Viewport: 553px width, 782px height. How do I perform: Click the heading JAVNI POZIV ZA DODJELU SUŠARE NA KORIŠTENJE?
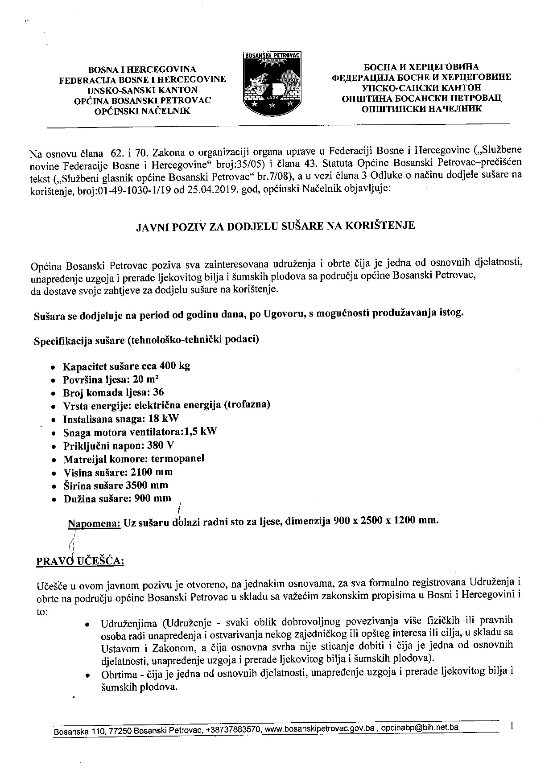(275, 226)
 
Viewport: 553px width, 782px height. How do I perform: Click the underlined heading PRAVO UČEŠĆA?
(80, 560)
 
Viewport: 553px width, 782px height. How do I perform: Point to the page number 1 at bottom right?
(512, 726)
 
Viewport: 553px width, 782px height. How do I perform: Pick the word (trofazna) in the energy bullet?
(247, 405)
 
